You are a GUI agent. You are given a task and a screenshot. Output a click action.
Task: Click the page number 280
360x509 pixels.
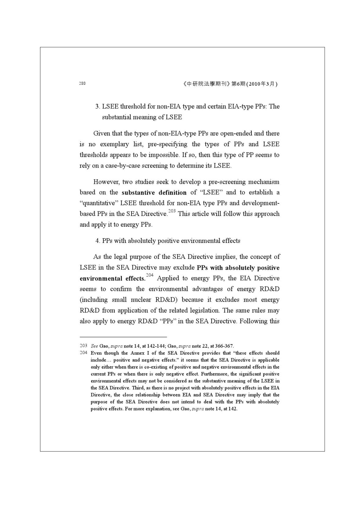[x=82, y=84]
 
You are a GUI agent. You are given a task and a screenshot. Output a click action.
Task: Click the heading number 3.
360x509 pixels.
[x=97, y=106]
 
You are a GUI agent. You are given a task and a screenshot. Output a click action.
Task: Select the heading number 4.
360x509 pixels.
[x=97, y=241]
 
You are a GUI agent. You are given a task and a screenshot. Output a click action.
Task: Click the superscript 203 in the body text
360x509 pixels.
[x=172, y=211]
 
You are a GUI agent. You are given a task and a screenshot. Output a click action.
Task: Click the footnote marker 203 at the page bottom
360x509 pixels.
[x=83, y=346]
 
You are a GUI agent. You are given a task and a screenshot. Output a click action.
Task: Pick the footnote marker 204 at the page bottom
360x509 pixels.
[x=83, y=353]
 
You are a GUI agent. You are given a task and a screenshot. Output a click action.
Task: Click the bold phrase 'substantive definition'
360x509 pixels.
[x=154, y=193]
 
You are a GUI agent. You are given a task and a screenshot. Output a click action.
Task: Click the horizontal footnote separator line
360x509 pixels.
[x=123, y=337]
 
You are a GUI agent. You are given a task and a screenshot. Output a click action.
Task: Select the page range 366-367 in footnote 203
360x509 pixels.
[x=224, y=346]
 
